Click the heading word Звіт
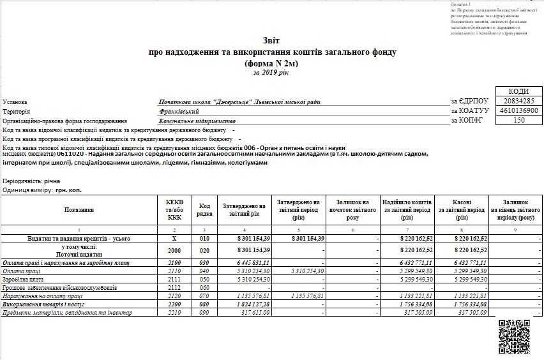[x=271, y=40]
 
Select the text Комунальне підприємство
[x=197, y=120]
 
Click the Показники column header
[x=79, y=209]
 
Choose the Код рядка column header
[x=204, y=209]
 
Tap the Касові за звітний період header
[x=462, y=209]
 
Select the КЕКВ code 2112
[x=175, y=288]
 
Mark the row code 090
[x=204, y=313]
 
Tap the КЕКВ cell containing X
[x=175, y=238]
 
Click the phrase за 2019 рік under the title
[x=271, y=73]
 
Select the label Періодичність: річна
[x=31, y=181]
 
